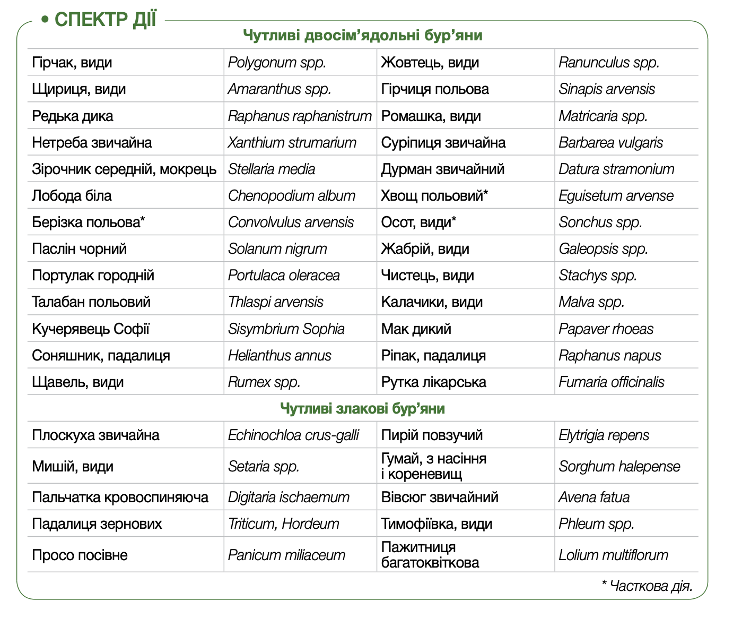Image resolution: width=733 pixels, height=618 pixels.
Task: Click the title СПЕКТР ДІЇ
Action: point(105,20)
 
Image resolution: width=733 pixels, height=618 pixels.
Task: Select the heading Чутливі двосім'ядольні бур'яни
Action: point(363,36)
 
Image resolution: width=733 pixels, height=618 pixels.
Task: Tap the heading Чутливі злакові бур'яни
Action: point(362,408)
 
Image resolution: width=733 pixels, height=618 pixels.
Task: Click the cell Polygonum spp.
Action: point(277,63)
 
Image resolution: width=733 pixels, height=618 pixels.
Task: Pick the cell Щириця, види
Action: point(79,89)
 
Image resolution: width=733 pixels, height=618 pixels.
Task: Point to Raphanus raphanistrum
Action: point(300,116)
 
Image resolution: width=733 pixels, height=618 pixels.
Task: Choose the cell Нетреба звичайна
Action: point(92,142)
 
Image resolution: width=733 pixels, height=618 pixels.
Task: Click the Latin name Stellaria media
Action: point(272,169)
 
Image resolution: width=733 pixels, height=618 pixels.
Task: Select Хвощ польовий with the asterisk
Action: point(434,195)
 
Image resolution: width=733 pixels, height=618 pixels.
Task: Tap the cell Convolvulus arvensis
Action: point(291,222)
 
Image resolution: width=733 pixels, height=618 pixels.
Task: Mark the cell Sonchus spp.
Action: point(600,222)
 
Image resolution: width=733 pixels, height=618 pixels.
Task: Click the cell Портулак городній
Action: point(93,275)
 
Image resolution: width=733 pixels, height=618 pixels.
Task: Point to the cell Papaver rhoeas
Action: point(606,329)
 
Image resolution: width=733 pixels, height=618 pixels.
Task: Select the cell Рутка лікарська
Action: point(433,382)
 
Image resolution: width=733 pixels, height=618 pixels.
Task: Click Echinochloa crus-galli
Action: point(293,435)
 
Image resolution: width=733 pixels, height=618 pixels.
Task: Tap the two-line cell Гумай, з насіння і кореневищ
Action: point(433,466)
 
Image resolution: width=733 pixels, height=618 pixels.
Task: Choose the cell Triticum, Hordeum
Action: point(283,523)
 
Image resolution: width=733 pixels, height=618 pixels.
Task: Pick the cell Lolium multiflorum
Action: point(613,555)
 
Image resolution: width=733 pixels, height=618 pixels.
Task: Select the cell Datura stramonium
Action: point(616,169)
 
